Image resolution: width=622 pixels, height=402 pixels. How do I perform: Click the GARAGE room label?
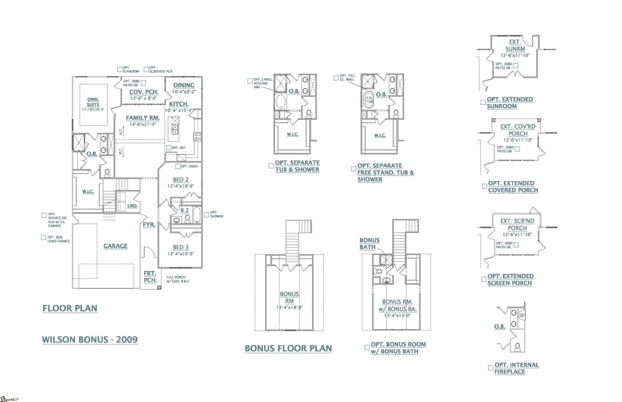pyautogui.click(x=115, y=246)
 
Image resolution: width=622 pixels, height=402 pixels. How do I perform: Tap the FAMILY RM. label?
pyautogui.click(x=143, y=118)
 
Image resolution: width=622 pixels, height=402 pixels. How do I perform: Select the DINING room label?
pyautogui.click(x=184, y=85)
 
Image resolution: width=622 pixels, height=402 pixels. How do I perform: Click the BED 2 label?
pyautogui.click(x=180, y=179)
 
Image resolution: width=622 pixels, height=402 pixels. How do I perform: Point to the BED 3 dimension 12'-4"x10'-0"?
pyautogui.click(x=180, y=254)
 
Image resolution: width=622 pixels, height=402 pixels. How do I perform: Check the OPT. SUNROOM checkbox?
pyautogui.click(x=120, y=69)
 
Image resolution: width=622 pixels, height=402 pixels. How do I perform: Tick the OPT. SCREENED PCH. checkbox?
pyautogui.click(x=146, y=69)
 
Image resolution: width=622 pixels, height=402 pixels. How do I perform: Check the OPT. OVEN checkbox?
pyautogui.click(x=178, y=166)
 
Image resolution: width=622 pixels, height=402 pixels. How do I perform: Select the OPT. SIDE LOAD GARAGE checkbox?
pyautogui.click(x=44, y=237)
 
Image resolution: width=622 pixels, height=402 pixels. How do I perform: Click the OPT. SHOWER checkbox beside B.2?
pyautogui.click(x=206, y=214)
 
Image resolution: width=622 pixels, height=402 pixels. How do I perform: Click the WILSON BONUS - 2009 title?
pyautogui.click(x=90, y=339)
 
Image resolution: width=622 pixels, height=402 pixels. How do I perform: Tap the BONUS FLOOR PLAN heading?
pyautogui.click(x=288, y=348)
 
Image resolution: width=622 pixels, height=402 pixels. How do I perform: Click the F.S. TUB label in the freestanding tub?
pyautogui.click(x=369, y=99)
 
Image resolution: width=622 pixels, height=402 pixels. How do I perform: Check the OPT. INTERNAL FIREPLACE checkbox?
pyautogui.click(x=490, y=368)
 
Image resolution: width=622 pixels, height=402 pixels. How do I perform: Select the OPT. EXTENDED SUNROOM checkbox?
pyautogui.click(x=483, y=102)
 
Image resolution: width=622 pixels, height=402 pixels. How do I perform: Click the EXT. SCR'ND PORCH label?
pyautogui.click(x=517, y=224)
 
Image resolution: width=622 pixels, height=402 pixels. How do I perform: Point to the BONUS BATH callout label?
pyautogui.click(x=369, y=244)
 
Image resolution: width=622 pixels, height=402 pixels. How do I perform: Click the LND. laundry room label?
pyautogui.click(x=132, y=206)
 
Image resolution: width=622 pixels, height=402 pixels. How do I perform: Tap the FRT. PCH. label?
pyautogui.click(x=150, y=277)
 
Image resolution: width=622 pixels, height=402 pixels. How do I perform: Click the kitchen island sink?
pyautogui.click(x=175, y=130)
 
